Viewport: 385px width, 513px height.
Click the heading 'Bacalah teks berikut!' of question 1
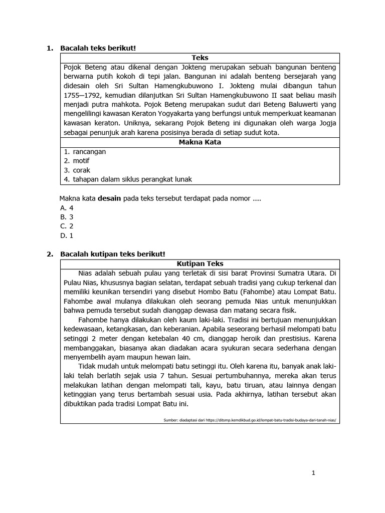pyautogui.click(x=98, y=48)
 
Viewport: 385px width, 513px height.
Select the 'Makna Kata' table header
pyautogui.click(x=200, y=142)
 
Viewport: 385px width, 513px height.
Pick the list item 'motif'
pyautogui.click(x=81, y=161)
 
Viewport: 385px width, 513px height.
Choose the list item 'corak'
pyautogui.click(x=82, y=170)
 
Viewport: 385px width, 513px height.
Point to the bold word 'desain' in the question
pyautogui.click(x=109, y=198)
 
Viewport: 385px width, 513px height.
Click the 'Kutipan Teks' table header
pyautogui.click(x=200, y=264)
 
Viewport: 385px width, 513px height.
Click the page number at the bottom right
pyautogui.click(x=313, y=473)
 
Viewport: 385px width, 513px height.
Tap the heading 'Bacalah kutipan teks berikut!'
pyautogui.click(x=112, y=254)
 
